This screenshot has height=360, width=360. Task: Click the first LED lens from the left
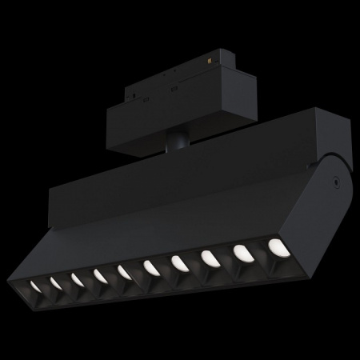tap(35, 286)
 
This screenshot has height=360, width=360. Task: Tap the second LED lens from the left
tap(56, 282)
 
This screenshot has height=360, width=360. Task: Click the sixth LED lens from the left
tap(150, 266)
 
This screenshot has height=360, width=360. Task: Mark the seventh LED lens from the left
tap(178, 262)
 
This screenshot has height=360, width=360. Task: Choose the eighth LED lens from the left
tap(208, 257)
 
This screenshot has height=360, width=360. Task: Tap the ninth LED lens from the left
tap(240, 251)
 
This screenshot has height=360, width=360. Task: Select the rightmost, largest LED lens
tap(276, 246)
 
